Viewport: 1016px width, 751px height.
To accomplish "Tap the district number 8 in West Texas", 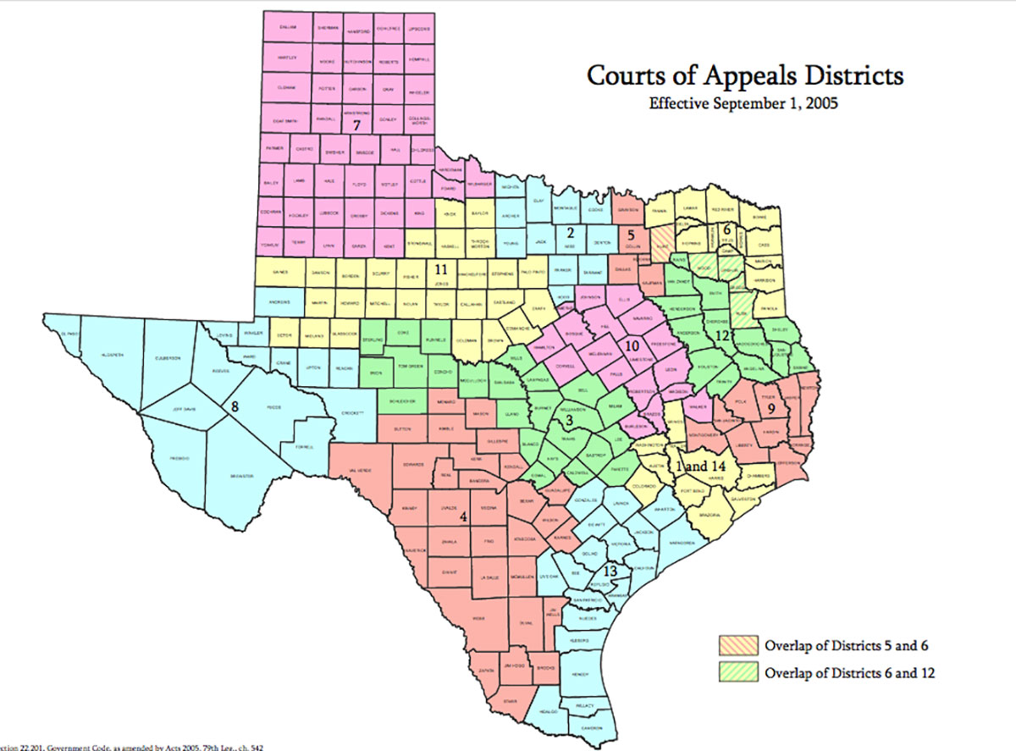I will click(x=235, y=407).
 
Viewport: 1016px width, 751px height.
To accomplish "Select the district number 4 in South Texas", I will click(x=463, y=516).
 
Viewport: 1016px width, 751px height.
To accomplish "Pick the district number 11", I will click(x=440, y=269).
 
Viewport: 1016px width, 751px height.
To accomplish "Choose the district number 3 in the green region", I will click(x=570, y=420).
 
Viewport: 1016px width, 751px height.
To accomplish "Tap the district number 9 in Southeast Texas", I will click(x=771, y=408).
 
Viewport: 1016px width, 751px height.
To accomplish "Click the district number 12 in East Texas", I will click(x=721, y=334).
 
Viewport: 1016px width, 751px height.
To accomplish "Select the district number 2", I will click(x=570, y=232).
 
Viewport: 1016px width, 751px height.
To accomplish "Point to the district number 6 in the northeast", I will click(x=726, y=228).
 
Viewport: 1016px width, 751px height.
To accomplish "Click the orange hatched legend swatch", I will click(x=738, y=646).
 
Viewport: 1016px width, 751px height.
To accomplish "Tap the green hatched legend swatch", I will click(x=738, y=674).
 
